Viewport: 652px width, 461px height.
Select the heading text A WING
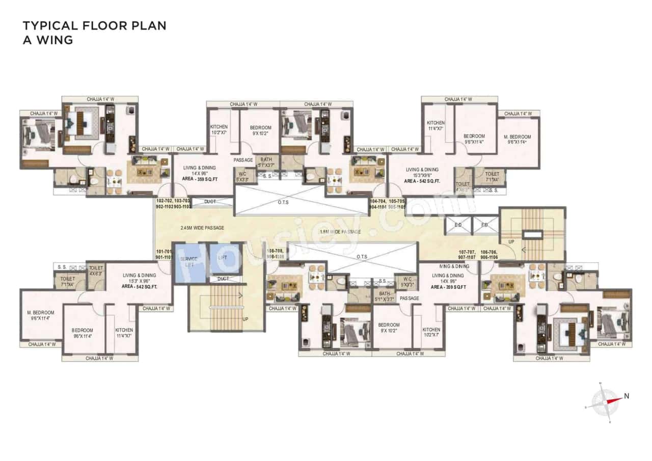(48, 40)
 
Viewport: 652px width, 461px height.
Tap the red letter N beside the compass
(627, 396)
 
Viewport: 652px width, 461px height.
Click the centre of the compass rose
(605, 400)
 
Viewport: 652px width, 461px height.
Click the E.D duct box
(458, 225)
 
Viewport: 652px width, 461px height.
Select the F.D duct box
(484, 225)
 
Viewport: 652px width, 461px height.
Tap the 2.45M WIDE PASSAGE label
(202, 228)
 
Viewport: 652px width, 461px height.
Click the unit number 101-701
(164, 251)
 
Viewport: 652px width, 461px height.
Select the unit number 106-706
(490, 252)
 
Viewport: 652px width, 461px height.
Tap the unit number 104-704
(377, 201)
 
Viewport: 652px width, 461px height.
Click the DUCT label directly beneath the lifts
(223, 279)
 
